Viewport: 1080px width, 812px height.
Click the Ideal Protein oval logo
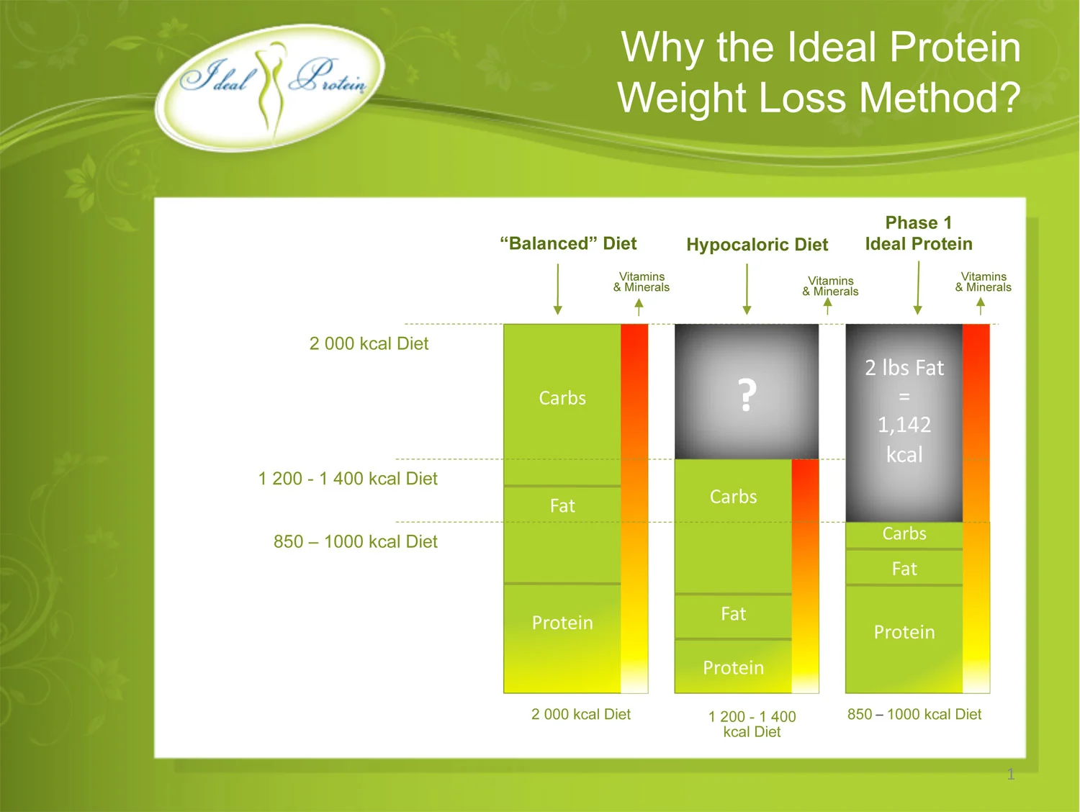click(271, 86)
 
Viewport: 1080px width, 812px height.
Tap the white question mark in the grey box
click(747, 395)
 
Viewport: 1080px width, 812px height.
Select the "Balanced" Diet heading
click(568, 243)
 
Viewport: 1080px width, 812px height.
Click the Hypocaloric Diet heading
click(757, 245)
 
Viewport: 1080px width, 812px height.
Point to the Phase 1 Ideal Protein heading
click(919, 233)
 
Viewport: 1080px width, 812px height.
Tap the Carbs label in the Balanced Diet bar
click(562, 398)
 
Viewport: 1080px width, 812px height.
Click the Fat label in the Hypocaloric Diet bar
click(733, 614)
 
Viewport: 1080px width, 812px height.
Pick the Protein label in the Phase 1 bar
click(904, 632)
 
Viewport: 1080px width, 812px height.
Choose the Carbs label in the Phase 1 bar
click(904, 533)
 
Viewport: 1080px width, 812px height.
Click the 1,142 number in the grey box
click(904, 425)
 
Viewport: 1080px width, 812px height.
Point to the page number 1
click(1011, 775)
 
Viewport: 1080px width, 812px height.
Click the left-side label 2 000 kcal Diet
click(369, 343)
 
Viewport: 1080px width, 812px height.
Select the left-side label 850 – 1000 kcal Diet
click(355, 541)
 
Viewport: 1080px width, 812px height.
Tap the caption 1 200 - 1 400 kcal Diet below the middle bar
click(752, 724)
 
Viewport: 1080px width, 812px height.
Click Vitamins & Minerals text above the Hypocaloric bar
click(831, 286)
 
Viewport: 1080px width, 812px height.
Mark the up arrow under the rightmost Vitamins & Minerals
click(981, 307)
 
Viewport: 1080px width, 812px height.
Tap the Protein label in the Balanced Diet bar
click(562, 623)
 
